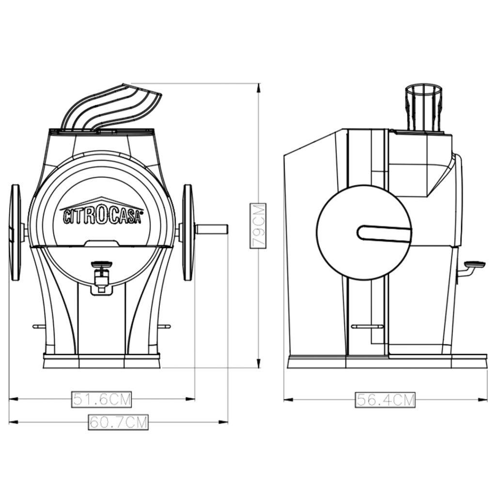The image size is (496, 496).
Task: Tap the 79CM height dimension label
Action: (258, 226)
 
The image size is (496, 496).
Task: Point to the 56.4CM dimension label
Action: (385, 400)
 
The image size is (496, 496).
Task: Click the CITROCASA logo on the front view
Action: (101, 213)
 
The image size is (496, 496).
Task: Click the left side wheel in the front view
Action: (16, 232)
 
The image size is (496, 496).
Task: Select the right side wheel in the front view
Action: (188, 232)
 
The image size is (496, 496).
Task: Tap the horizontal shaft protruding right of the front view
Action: (212, 229)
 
